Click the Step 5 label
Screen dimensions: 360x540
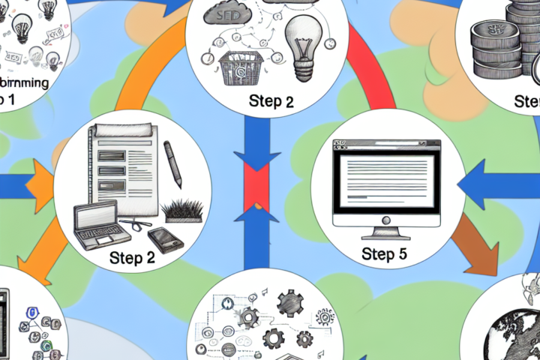(383, 254)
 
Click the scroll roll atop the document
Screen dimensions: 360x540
(123, 131)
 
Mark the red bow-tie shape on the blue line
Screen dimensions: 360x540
(256, 184)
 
